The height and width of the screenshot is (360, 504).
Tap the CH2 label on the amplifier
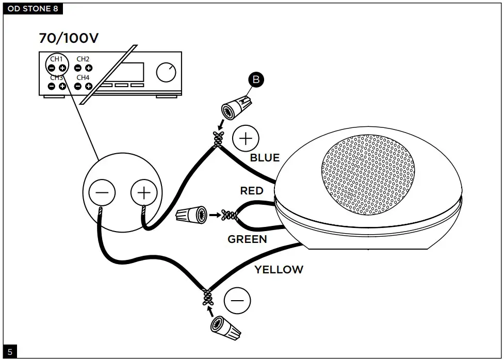[83, 59]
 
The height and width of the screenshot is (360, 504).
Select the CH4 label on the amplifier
[83, 77]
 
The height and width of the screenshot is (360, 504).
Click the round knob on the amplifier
[166, 73]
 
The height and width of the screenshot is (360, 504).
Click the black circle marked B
[255, 79]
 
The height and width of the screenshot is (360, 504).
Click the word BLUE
[265, 158]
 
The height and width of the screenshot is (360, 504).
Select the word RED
[252, 191]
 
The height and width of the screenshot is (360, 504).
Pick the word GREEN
[247, 239]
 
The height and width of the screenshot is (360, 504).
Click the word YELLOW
[279, 269]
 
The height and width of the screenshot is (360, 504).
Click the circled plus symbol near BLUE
[246, 138]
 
